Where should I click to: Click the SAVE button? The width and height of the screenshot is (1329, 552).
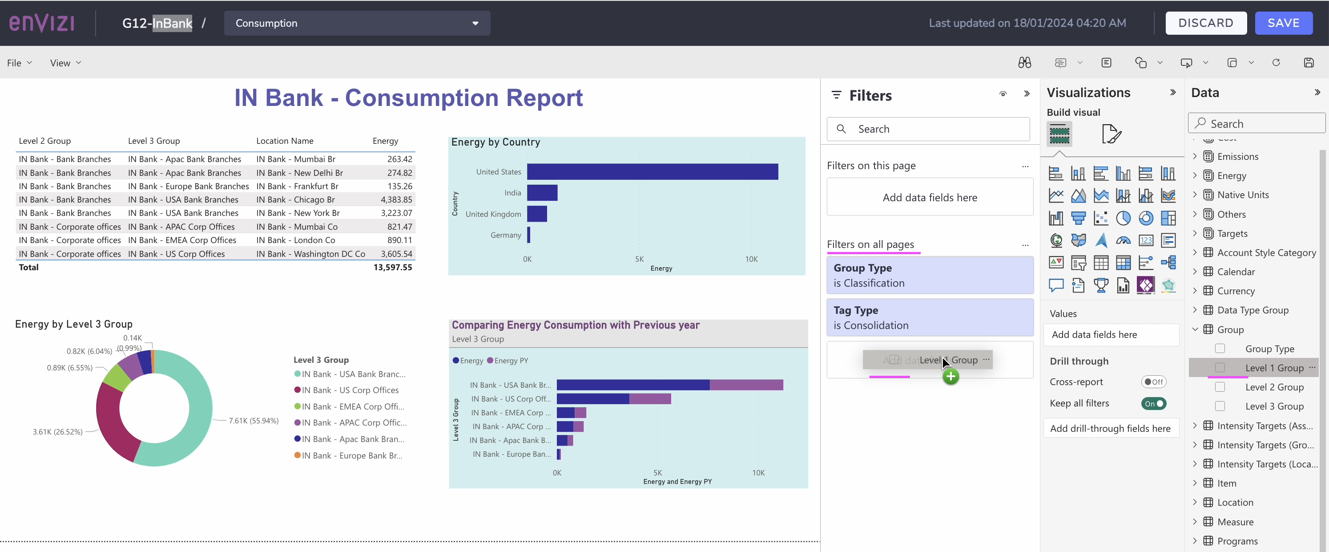[x=1283, y=23]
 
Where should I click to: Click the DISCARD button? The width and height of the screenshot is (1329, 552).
[x=1206, y=23]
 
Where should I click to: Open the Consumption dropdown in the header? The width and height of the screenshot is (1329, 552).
[x=357, y=23]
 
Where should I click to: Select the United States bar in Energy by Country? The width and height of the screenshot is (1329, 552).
[x=652, y=172]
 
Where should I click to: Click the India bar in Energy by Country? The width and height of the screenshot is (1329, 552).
[x=542, y=193]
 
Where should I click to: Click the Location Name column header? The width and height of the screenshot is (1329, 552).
[x=285, y=141]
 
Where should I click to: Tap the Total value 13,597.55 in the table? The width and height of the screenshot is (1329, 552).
[x=393, y=268]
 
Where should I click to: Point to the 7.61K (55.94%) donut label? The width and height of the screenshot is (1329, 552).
[x=254, y=421]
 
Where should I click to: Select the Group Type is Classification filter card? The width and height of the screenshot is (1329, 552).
[x=930, y=276]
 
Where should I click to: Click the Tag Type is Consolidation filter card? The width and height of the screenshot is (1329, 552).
[x=930, y=317]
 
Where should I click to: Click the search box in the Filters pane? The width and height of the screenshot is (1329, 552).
[x=928, y=129]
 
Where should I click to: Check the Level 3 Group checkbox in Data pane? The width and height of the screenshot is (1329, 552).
[x=1220, y=406]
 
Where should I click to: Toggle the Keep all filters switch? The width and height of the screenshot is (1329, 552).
[x=1154, y=404]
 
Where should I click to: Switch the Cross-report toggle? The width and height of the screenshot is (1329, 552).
[x=1154, y=382]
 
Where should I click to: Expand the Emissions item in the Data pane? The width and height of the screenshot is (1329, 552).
[x=1195, y=156]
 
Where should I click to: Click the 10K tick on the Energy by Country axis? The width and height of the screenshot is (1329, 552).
[x=751, y=259]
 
